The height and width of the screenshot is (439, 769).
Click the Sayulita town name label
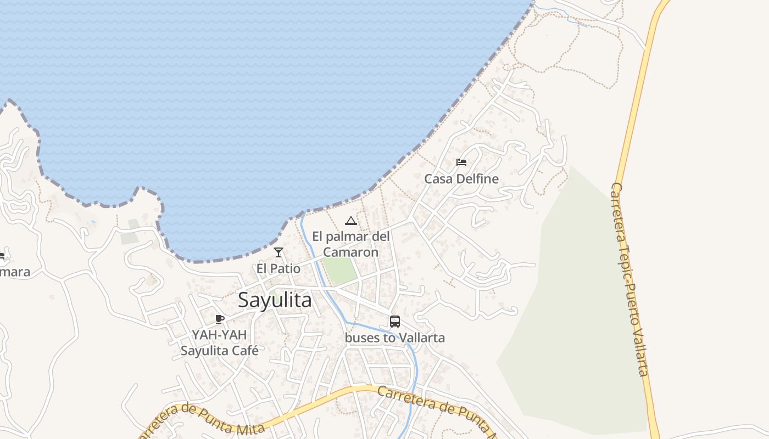pyautogui.click(x=275, y=300)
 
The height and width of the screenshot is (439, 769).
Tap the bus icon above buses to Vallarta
pyautogui.click(x=394, y=322)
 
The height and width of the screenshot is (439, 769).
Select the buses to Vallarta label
pyautogui.click(x=394, y=337)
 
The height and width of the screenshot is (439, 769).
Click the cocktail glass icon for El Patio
pyautogui.click(x=278, y=252)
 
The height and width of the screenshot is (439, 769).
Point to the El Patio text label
pyautogui.click(x=278, y=269)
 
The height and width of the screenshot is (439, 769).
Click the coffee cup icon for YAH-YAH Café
pyautogui.click(x=220, y=319)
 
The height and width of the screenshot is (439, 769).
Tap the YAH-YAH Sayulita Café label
pyautogui.click(x=219, y=342)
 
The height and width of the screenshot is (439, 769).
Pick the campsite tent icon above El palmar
pyautogui.click(x=350, y=221)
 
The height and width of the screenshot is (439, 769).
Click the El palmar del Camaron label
pyautogui.click(x=350, y=244)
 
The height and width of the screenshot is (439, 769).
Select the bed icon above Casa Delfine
pyautogui.click(x=461, y=162)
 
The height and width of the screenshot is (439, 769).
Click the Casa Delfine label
pyautogui.click(x=461, y=179)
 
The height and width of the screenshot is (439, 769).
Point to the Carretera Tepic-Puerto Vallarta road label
pyautogui.click(x=631, y=280)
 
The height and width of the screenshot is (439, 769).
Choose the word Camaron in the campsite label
pyautogui.click(x=350, y=252)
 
